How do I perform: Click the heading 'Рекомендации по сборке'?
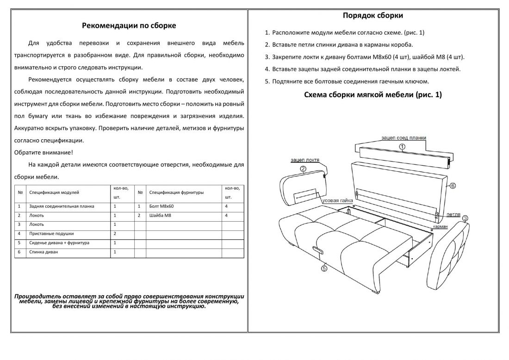[x=129, y=26]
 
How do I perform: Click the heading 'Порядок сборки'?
[x=372, y=16]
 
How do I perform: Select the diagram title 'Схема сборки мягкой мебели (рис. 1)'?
[x=373, y=95]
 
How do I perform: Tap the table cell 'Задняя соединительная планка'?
[x=62, y=206]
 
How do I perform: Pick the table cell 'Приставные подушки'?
[x=51, y=234]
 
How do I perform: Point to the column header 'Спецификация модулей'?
[x=54, y=192]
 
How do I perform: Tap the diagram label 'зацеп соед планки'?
[x=403, y=138]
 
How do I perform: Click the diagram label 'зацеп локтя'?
[x=304, y=160]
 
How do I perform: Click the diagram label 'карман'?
[x=440, y=227]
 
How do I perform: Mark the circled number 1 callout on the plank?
[x=402, y=147]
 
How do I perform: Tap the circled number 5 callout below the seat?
[x=324, y=267]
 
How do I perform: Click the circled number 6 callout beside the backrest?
[x=453, y=186]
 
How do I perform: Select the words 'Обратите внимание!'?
[x=43, y=152]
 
